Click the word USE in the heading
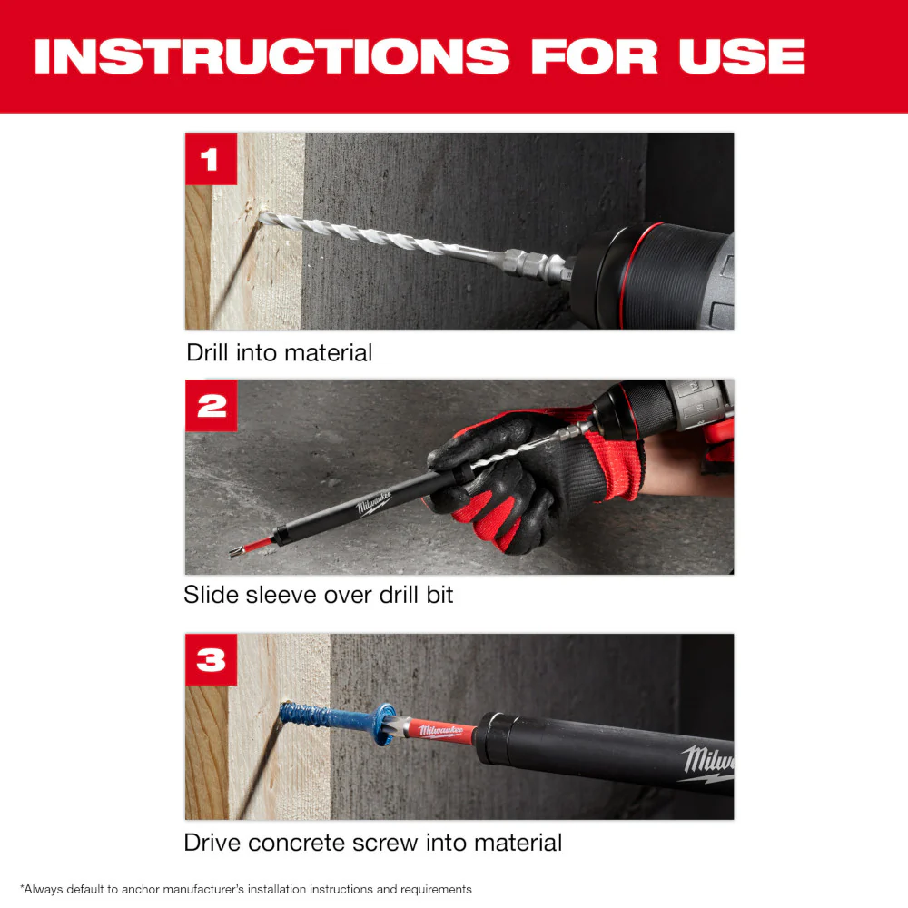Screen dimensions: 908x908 click(741, 56)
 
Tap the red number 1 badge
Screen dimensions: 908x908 click(211, 160)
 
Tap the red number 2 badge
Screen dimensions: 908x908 click(211, 405)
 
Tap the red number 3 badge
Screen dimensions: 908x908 click(211, 659)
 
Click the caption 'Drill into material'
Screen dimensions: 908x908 click(279, 352)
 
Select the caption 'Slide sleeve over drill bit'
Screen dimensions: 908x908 click(318, 595)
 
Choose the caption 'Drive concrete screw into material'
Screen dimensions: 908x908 click(372, 842)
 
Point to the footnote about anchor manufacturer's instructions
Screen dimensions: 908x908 click(245, 889)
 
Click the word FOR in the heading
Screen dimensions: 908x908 click(595, 56)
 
